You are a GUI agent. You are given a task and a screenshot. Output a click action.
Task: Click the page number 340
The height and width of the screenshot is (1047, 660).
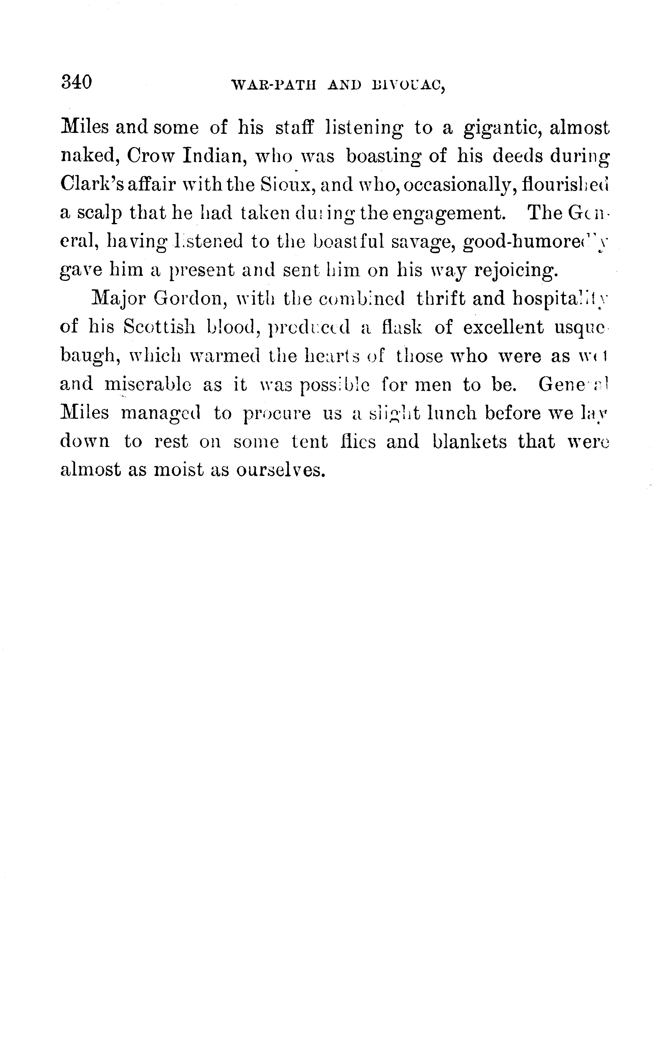coord(77,82)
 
